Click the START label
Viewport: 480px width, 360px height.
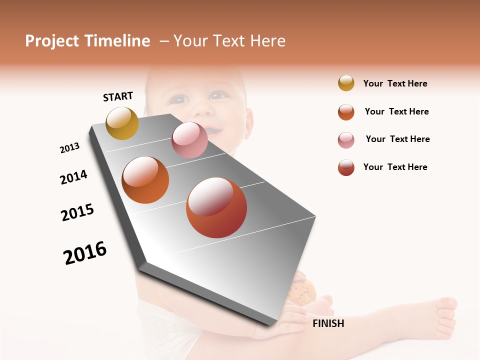click(x=118, y=96)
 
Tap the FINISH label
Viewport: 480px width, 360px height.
click(x=328, y=323)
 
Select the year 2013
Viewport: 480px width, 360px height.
click(x=70, y=147)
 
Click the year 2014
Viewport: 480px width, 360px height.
click(x=74, y=177)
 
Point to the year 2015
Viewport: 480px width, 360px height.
click(x=77, y=212)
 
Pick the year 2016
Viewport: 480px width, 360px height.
click(x=85, y=252)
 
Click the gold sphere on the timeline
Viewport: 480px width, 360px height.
click(x=122, y=123)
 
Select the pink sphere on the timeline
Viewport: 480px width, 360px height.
click(x=189, y=140)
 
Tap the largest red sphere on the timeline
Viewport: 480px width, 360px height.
click(x=216, y=207)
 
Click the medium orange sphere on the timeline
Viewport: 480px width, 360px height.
click(x=145, y=180)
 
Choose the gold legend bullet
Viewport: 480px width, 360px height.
click(x=346, y=83)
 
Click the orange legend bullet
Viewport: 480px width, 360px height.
click(x=346, y=112)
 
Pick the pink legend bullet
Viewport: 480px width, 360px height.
click(x=346, y=140)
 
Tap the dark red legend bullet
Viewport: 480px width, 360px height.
click(x=346, y=167)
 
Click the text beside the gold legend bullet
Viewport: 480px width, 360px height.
click(x=395, y=83)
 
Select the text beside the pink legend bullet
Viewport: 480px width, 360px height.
click(x=397, y=139)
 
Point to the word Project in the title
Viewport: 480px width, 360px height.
click(x=51, y=41)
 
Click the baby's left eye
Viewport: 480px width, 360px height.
click(x=218, y=95)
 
